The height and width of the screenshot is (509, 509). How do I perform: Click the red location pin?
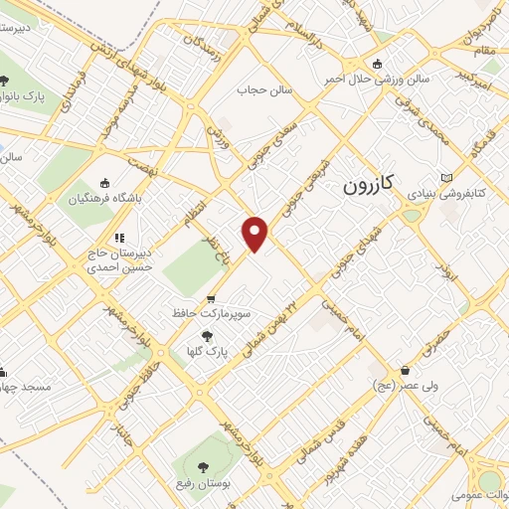[x=255, y=233]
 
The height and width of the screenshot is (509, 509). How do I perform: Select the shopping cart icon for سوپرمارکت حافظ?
[x=210, y=298]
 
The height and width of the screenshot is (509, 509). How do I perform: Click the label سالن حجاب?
[x=261, y=90]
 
